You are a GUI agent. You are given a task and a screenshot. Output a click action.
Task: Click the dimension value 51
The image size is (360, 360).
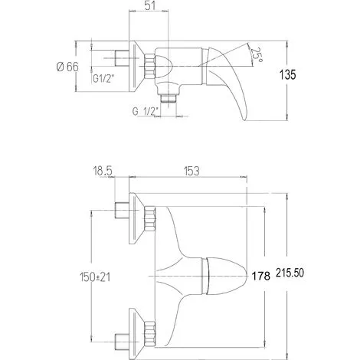150,5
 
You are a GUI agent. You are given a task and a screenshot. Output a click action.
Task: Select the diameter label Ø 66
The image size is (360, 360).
67,67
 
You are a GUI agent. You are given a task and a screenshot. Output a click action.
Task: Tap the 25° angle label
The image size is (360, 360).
256,55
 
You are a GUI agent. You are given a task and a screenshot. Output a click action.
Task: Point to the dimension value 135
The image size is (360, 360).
288,74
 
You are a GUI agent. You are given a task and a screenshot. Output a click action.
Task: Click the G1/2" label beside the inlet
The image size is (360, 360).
103,79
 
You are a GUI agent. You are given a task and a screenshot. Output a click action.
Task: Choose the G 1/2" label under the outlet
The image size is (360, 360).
146,111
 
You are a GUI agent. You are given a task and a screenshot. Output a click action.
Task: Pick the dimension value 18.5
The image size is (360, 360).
103,171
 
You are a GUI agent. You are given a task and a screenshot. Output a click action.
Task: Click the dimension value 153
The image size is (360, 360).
191,171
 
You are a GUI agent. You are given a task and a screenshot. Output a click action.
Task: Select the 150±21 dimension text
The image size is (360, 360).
95,277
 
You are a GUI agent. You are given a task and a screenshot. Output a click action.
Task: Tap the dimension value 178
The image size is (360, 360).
261,276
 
